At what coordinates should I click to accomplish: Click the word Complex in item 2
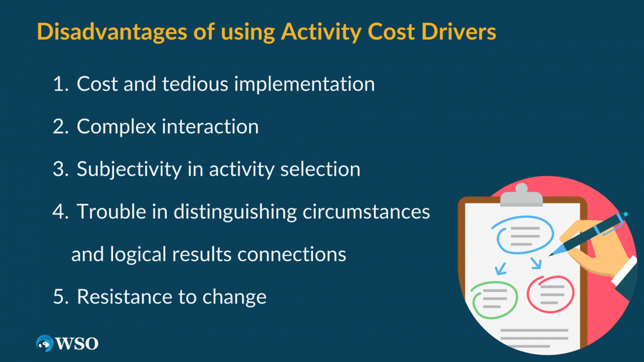click(116, 127)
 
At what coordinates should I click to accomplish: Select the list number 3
click(59, 169)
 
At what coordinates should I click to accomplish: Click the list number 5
click(59, 297)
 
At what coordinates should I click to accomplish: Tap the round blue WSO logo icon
click(44, 343)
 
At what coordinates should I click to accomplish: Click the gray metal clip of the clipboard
click(521, 195)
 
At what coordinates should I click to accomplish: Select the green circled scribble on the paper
click(495, 297)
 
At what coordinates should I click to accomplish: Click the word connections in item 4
click(291, 254)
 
